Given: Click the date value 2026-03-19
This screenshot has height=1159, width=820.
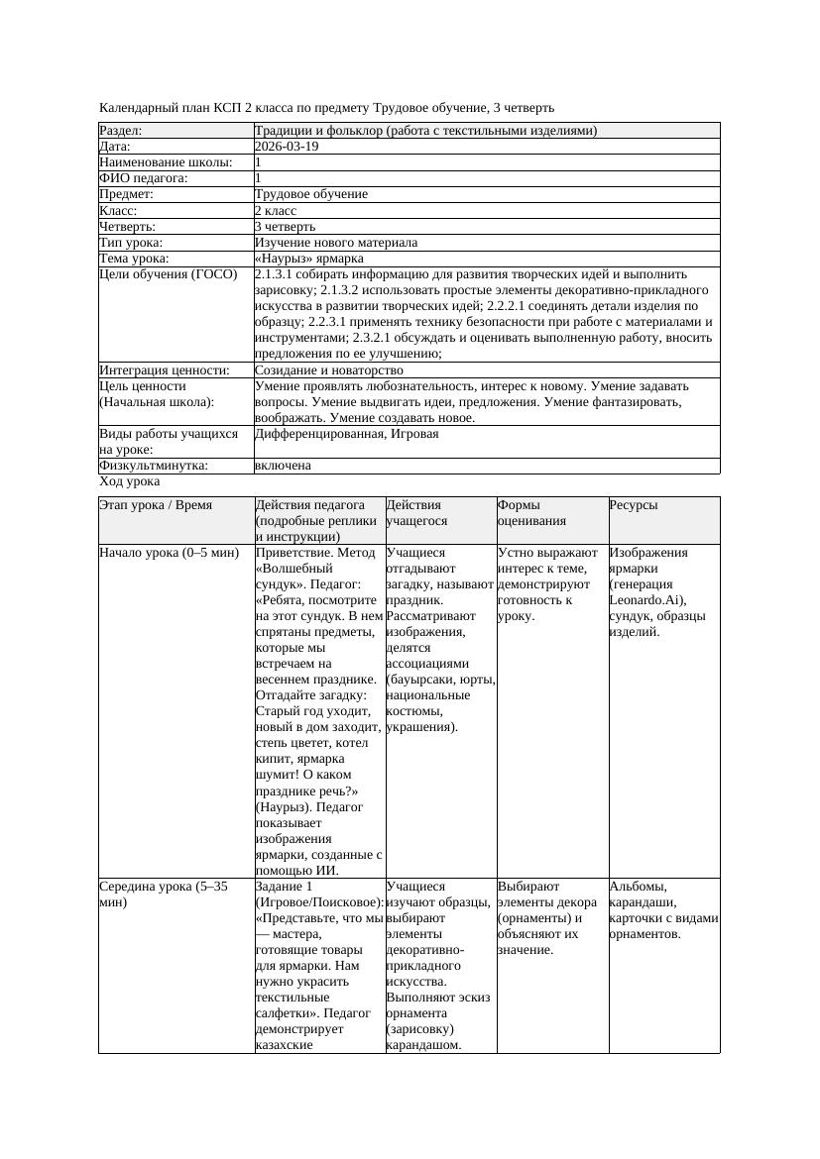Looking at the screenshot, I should click(287, 147).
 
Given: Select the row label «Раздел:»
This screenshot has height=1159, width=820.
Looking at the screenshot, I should click(121, 131).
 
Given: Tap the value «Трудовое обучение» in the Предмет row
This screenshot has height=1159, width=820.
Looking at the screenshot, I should click(311, 194).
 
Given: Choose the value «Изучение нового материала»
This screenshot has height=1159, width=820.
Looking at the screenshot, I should click(336, 242).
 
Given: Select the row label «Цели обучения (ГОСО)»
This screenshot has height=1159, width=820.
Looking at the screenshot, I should click(169, 274).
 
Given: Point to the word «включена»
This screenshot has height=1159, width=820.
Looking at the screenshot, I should click(283, 466).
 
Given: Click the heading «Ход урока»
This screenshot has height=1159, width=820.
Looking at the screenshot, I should click(130, 481).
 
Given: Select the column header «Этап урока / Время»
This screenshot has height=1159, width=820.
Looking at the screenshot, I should click(156, 505).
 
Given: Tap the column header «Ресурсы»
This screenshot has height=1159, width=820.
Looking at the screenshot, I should click(634, 505).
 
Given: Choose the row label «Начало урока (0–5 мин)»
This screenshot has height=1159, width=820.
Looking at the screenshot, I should click(170, 553).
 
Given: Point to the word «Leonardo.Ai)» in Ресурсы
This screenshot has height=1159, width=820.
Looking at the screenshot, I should click(644, 600).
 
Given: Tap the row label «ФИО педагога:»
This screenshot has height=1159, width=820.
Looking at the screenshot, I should click(144, 178).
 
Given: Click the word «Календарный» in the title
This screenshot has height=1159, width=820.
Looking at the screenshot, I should click(138, 107).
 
